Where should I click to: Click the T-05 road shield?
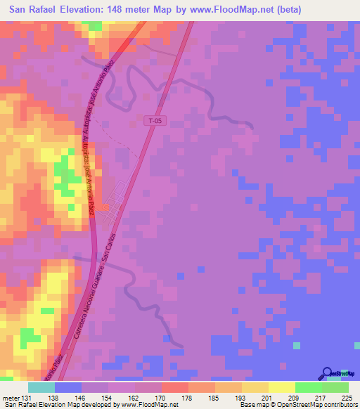(x=155, y=122)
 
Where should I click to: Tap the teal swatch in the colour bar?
(x=41, y=387)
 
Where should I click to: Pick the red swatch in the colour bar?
(x=174, y=387)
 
